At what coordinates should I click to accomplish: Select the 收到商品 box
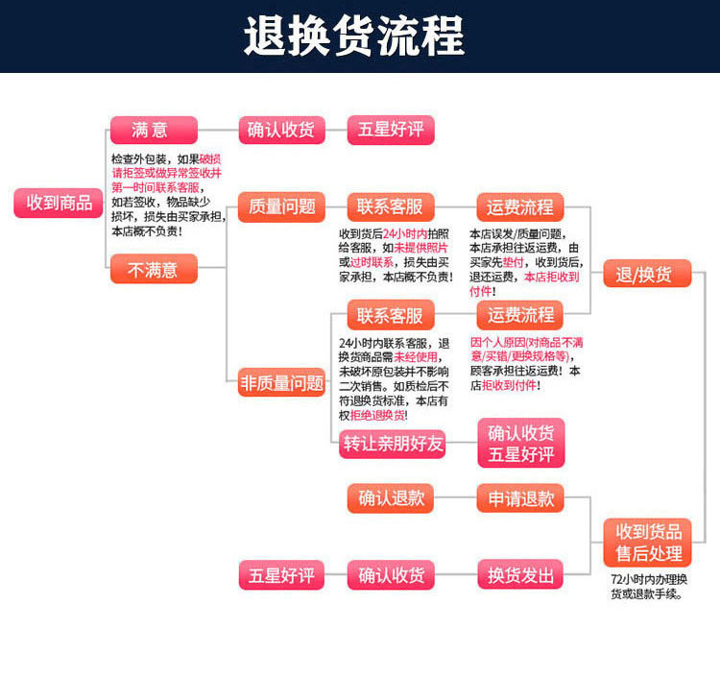(x=60, y=203)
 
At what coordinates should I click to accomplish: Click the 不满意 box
(x=154, y=270)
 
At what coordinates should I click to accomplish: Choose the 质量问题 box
(x=282, y=206)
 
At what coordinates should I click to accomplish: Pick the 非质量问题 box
(x=282, y=383)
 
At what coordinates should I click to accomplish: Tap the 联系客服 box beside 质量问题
(x=390, y=206)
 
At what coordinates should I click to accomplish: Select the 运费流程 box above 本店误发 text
(x=520, y=206)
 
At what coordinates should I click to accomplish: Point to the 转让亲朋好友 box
(x=394, y=443)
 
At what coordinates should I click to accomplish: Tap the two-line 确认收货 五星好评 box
(x=520, y=443)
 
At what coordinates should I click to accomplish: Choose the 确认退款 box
(x=390, y=497)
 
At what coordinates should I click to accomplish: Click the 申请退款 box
(x=520, y=497)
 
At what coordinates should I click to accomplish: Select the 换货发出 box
(x=520, y=575)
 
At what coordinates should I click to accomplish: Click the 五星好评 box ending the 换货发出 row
(x=282, y=575)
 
